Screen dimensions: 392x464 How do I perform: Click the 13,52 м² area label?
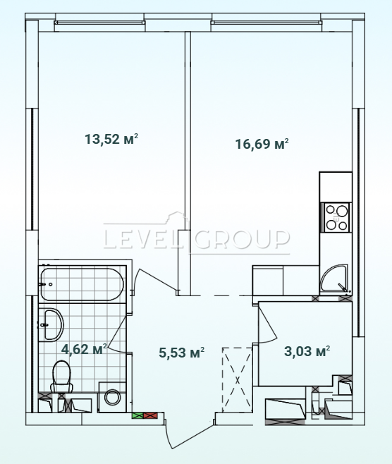(111, 139)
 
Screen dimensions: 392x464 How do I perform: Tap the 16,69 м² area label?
(262, 144)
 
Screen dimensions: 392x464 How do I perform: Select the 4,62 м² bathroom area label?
(84, 349)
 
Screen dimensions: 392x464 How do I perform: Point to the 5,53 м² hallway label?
(182, 353)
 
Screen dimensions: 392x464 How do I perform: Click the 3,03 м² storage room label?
(307, 351)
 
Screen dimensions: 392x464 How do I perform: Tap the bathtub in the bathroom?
(82, 284)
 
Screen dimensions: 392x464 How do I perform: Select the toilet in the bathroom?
(62, 377)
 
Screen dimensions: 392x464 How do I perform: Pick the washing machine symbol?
(112, 398)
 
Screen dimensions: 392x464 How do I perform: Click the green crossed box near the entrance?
(137, 415)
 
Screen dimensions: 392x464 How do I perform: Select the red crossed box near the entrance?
(150, 415)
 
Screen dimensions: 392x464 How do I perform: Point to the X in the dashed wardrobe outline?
(238, 380)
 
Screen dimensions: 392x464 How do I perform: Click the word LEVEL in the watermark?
(147, 239)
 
